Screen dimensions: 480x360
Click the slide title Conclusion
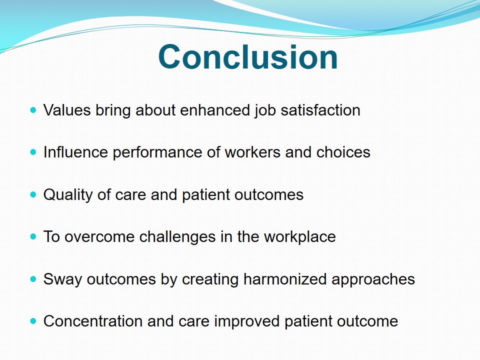click(x=248, y=57)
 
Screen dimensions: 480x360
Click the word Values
click(x=67, y=110)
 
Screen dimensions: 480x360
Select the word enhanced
click(x=215, y=110)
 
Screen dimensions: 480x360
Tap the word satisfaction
click(x=320, y=110)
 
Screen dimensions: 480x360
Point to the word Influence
click(x=75, y=152)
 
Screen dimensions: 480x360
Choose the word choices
click(x=343, y=152)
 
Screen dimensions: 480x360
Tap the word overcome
click(x=99, y=237)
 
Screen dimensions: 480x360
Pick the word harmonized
click(x=285, y=279)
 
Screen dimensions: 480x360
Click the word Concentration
click(x=93, y=321)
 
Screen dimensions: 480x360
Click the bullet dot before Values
click(x=33, y=109)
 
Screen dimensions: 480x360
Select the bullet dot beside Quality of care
click(x=33, y=194)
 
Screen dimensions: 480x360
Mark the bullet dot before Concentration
click(x=33, y=321)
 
